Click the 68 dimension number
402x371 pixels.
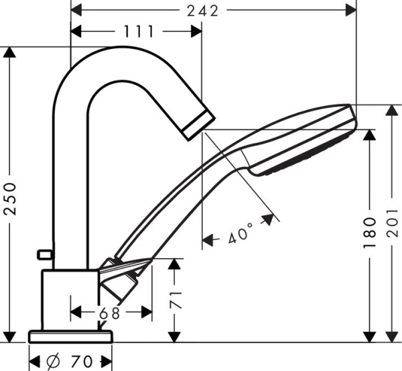coord(111,313)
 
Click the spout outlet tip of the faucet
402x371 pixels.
coord(199,125)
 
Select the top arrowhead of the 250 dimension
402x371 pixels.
coord(10,53)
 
